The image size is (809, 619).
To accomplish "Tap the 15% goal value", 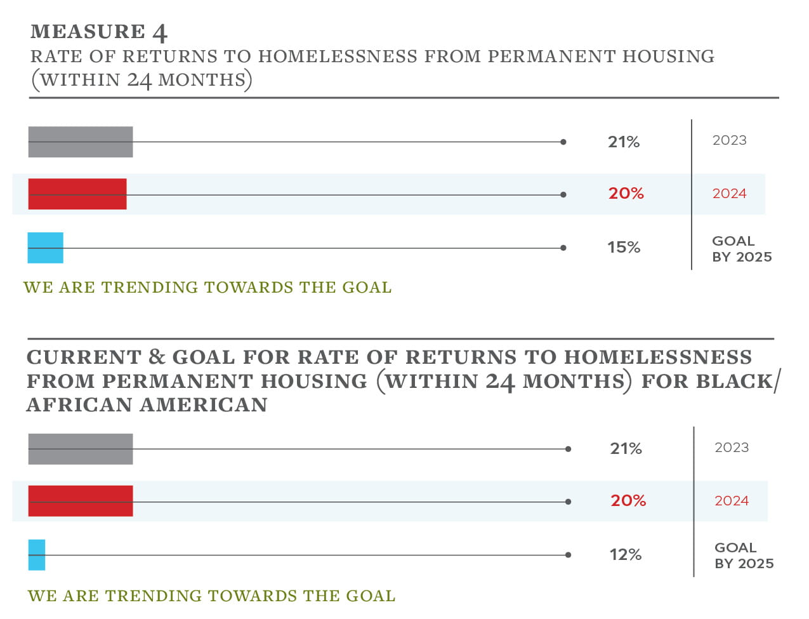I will [623, 248].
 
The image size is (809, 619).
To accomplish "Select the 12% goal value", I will [625, 555].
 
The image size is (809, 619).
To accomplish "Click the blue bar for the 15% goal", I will [46, 248].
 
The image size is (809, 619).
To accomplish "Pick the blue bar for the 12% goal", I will [37, 555].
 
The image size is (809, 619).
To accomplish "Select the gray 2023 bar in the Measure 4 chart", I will [81, 142].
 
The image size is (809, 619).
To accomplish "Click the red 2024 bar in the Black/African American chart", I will [81, 501].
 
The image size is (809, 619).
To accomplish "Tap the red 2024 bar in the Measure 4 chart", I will [77, 194].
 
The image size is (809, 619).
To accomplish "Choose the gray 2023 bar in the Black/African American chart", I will [81, 449].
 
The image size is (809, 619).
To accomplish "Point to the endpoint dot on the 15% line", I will [563, 248].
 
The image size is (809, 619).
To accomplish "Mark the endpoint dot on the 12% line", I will [568, 555].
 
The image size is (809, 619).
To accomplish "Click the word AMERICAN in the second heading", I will [204, 405].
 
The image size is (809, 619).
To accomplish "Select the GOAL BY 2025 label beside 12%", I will [744, 556].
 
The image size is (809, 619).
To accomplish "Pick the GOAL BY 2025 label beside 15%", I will [741, 249].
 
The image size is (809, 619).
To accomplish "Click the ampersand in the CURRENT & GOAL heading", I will [157, 357].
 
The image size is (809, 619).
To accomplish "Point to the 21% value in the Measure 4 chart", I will [623, 142].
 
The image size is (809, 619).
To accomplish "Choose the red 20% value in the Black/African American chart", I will [628, 501].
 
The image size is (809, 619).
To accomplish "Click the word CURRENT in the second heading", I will [84, 357].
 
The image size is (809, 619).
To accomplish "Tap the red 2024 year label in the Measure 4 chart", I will [729, 194].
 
